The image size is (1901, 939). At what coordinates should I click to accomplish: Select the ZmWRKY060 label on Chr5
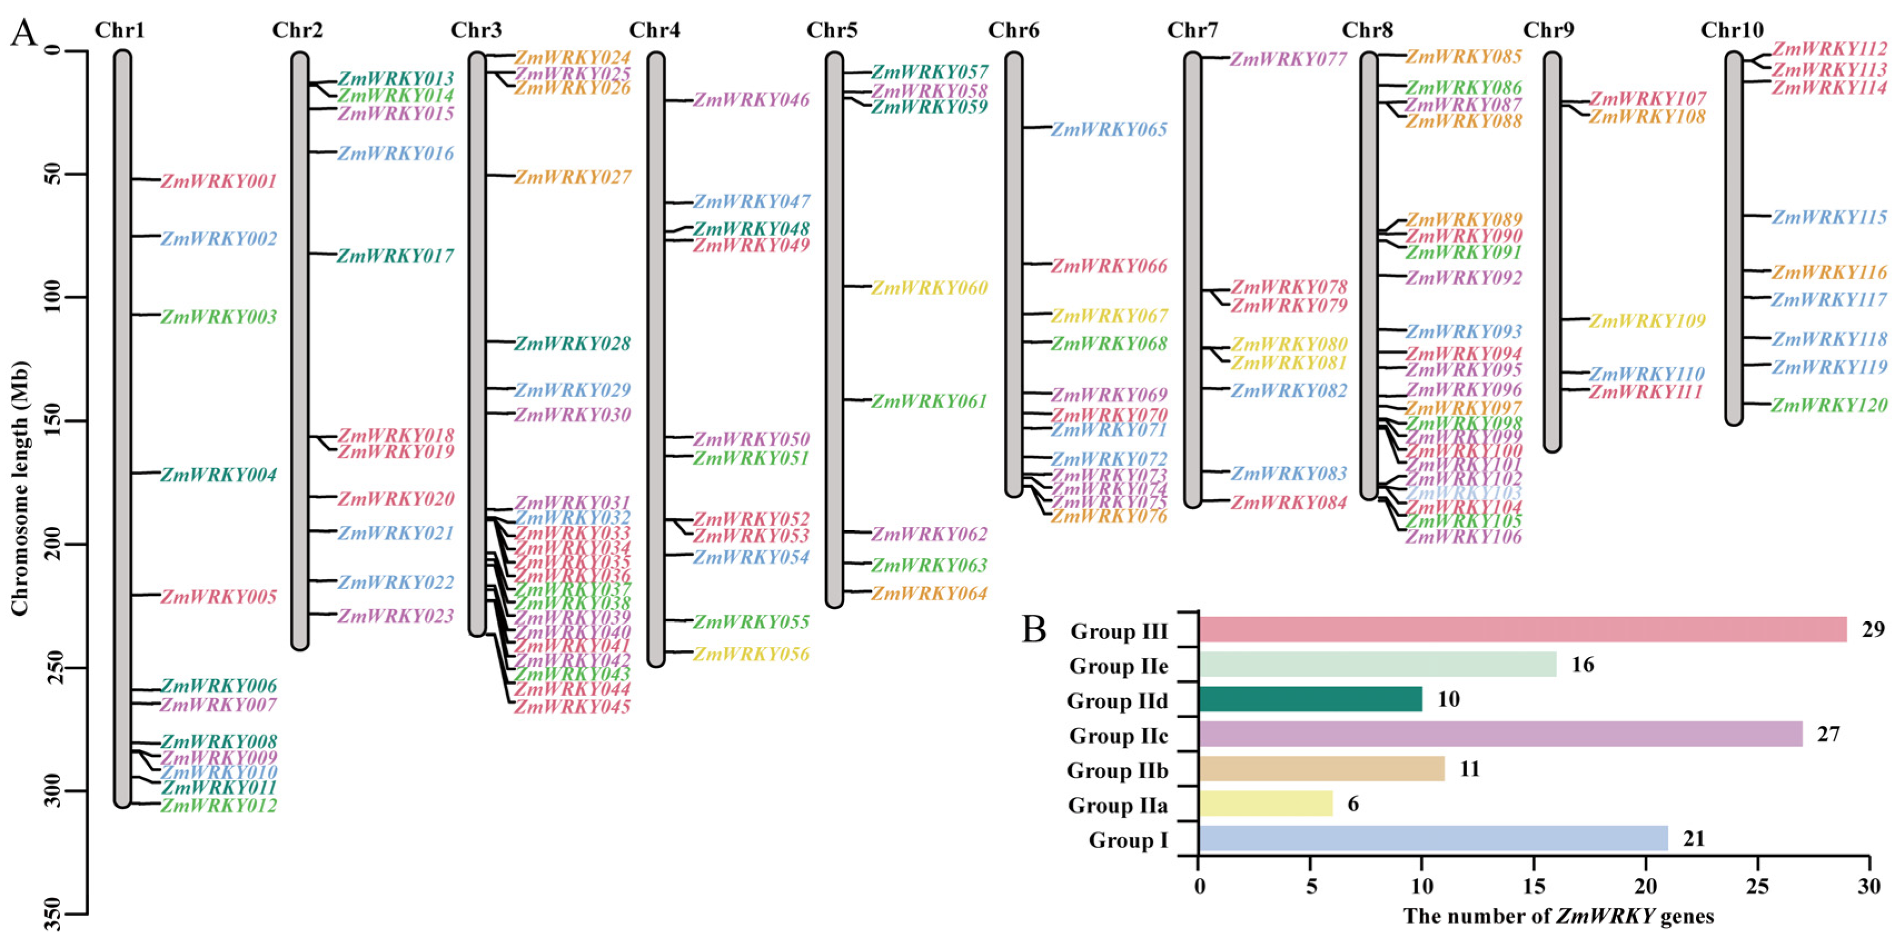(x=929, y=288)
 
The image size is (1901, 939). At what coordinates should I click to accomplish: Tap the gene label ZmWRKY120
(x=1829, y=405)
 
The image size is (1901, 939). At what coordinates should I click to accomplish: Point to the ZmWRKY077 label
(x=1288, y=59)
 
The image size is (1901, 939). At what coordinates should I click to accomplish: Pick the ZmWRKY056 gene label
(x=751, y=654)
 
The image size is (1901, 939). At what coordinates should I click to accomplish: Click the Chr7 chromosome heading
(x=1193, y=30)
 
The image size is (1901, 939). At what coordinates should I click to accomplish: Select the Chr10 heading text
(x=1732, y=30)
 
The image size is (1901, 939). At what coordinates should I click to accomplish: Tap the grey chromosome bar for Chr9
(x=1552, y=251)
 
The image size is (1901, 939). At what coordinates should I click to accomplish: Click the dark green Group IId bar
(x=1310, y=699)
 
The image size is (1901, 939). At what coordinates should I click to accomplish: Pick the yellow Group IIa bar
(x=1266, y=804)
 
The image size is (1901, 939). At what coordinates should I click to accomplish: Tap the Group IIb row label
(x=1117, y=770)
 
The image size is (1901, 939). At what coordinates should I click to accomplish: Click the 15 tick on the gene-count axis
(x=1534, y=885)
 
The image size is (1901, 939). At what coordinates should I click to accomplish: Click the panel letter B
(x=1035, y=629)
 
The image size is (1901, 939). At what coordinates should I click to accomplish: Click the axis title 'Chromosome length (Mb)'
(x=20, y=487)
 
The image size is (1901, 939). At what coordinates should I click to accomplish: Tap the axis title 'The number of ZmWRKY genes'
(x=1558, y=916)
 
